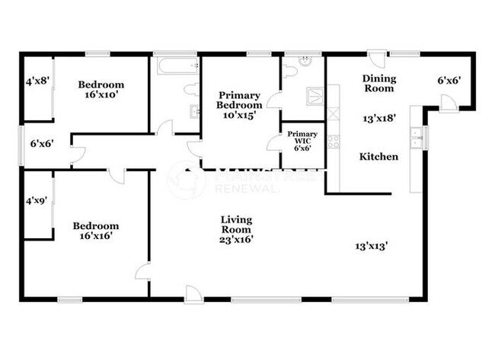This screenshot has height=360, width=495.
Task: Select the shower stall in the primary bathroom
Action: [x=314, y=94]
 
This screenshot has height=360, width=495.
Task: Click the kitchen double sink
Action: [x=416, y=140]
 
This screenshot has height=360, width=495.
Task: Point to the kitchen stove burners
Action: [x=333, y=142]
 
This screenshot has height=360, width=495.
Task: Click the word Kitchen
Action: [x=378, y=157]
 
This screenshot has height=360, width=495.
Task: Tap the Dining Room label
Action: [x=378, y=83]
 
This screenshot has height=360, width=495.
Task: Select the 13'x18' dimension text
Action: [x=378, y=118]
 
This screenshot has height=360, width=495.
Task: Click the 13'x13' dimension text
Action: [x=373, y=246]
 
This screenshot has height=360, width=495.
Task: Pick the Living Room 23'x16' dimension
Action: [x=237, y=239]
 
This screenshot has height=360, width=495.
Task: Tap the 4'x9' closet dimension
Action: [x=36, y=202]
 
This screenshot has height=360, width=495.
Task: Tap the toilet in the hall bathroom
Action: [x=190, y=90]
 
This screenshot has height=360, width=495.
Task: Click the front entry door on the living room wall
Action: [x=194, y=294]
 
